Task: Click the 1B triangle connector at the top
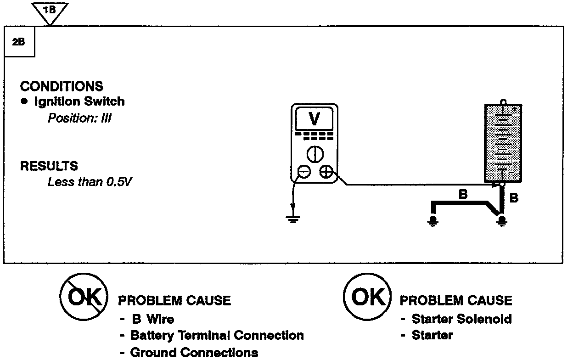pos(51,11)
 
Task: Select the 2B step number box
pos(19,42)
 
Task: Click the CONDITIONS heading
pos(62,86)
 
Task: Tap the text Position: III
pos(80,118)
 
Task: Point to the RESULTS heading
pos(49,166)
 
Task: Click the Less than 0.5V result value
pos(90,182)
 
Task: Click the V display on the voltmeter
pos(314,119)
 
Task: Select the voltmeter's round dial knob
pos(314,154)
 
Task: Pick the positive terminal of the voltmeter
pos(326,172)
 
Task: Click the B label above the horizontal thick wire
pos(463,194)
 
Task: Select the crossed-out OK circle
pos(84,297)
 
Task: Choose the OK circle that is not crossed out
pos(367,297)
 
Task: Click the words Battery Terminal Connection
pos(217,335)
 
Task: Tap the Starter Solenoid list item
pos(461,319)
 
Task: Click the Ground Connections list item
pos(194,353)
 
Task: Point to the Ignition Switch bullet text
pos(79,101)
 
